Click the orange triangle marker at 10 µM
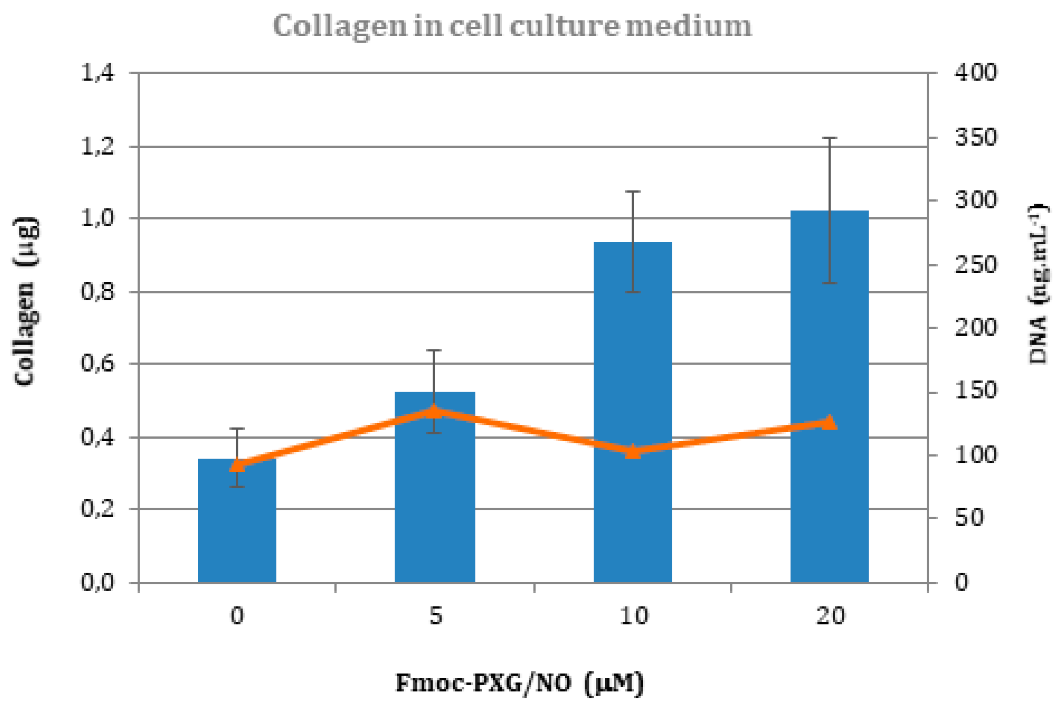point(633,451)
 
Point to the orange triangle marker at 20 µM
point(830,423)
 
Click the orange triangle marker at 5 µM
point(434,412)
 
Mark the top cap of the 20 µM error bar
point(830,138)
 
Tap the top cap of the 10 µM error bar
point(633,192)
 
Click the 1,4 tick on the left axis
point(97,73)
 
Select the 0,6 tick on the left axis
point(97,364)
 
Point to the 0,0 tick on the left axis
point(97,583)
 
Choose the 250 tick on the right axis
point(975,265)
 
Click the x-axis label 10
point(633,616)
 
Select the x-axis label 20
point(831,616)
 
